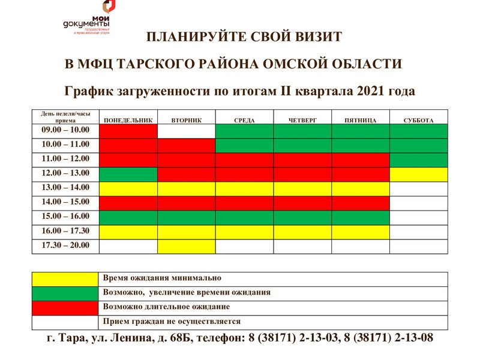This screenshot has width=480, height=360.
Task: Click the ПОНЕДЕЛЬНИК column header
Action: click(x=128, y=121)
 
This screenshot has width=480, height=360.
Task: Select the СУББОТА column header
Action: click(x=418, y=121)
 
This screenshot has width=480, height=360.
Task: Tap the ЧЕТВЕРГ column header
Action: click(x=302, y=121)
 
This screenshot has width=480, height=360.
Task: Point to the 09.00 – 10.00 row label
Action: click(x=65, y=130)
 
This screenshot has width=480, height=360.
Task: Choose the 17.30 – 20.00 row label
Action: click(x=65, y=245)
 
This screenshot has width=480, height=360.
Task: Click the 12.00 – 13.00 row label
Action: click(x=65, y=173)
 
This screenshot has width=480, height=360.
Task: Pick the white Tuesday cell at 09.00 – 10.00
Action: click(x=186, y=131)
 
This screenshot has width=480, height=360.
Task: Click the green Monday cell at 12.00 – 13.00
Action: click(x=128, y=174)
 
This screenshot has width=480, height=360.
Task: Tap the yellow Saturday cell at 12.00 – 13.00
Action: click(x=418, y=174)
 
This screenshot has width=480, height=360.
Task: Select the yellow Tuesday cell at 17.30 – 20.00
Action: click(x=186, y=246)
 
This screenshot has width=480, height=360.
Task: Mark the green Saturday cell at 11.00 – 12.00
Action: click(x=418, y=160)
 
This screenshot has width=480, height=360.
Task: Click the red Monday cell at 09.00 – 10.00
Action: click(x=128, y=131)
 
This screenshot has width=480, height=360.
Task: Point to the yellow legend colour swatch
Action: click(x=65, y=279)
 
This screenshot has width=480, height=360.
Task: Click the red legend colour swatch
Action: click(x=65, y=308)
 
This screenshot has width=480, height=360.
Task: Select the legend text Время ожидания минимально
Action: click(x=162, y=278)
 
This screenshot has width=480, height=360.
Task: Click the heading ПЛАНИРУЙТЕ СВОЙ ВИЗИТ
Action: click(x=244, y=37)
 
